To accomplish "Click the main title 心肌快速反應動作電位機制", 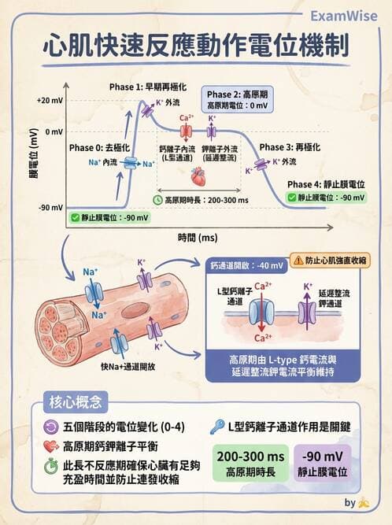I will (195, 46).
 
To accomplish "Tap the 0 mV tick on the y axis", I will (53, 131).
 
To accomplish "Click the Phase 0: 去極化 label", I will (98, 147).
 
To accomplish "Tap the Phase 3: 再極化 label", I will (290, 147).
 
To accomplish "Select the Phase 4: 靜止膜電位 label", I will (326, 183).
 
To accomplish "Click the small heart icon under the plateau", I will (198, 175).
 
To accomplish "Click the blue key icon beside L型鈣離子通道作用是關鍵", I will (216, 427).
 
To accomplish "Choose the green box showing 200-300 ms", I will (250, 464).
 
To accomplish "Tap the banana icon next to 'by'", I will (363, 502).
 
